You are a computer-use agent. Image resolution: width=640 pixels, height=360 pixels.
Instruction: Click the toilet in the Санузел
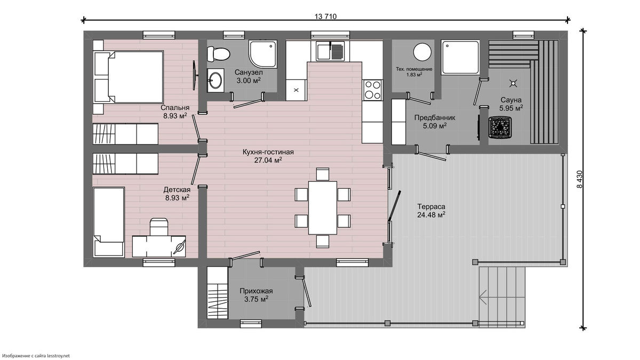[218, 54]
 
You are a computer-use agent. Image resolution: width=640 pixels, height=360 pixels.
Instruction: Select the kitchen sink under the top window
[331, 51]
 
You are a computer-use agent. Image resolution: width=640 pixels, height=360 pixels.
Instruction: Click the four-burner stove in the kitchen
[373, 90]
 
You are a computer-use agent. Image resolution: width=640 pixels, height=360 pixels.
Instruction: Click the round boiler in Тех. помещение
[422, 52]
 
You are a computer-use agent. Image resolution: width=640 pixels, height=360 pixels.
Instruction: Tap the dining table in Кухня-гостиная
[323, 207]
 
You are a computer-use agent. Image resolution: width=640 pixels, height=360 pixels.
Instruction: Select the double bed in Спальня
[129, 77]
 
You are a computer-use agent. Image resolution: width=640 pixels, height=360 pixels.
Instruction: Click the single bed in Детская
[109, 222]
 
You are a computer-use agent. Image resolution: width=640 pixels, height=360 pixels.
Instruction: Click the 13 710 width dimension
[325, 17]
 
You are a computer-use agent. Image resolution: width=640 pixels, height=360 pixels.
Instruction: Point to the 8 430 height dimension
[579, 179]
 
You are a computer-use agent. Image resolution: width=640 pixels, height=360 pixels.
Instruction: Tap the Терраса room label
[431, 206]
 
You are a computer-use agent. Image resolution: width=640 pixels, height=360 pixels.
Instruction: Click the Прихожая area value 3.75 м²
[256, 299]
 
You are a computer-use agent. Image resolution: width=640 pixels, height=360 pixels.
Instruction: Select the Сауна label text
[511, 100]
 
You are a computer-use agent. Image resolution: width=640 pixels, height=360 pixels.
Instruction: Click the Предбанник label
[435, 118]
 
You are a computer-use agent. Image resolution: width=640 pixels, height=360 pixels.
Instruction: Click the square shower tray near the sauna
[460, 58]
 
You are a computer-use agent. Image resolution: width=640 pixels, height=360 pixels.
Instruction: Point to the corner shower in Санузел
[262, 54]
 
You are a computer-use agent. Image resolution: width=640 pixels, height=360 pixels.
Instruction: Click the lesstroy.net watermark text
[36, 356]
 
